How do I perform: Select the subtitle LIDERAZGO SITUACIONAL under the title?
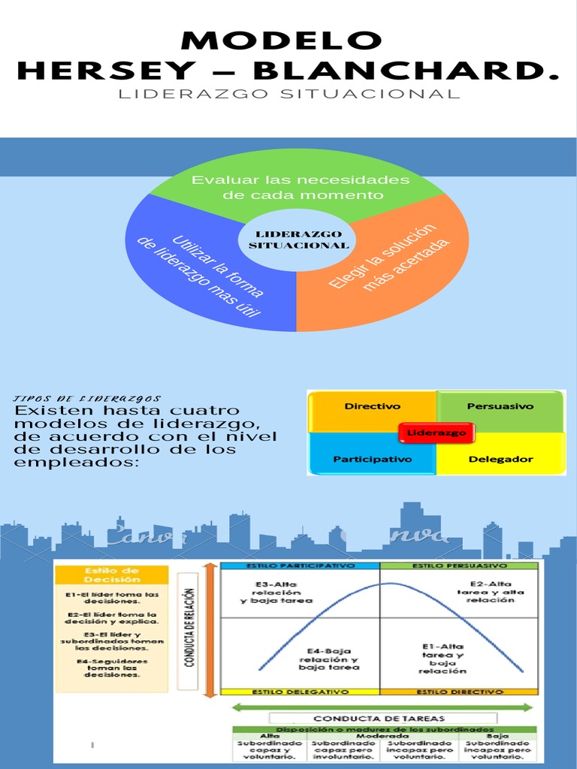point(288,95)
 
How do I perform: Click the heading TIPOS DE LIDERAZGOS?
point(88,399)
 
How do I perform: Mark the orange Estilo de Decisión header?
point(113,575)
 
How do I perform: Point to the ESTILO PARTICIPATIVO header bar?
point(299,565)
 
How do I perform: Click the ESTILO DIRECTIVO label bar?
point(460,691)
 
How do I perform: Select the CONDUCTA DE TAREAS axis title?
point(383,719)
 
